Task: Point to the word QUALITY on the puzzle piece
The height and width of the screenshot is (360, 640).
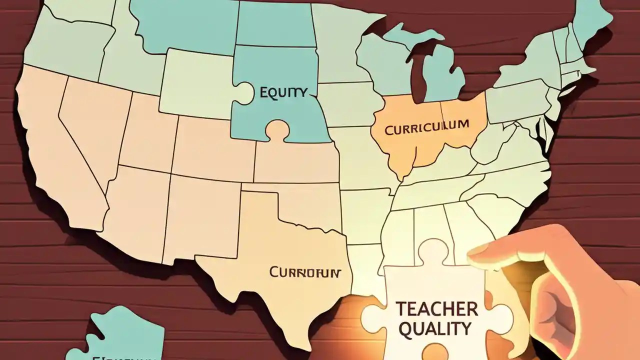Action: coord(433,328)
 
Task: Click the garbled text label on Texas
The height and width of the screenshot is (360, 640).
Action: coord(304,272)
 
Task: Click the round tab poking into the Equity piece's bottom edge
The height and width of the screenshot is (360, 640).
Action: coord(277,131)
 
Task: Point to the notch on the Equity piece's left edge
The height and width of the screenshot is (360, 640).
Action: coord(241,93)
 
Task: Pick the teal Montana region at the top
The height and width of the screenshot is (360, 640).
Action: coord(185,25)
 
